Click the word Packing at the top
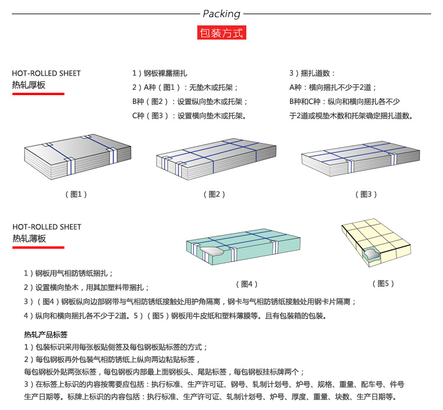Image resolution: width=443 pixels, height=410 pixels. (221, 14)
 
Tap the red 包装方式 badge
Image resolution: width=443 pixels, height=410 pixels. (221, 32)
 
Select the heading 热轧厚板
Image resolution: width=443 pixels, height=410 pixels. (28, 85)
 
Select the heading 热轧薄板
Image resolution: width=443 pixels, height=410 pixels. (29, 239)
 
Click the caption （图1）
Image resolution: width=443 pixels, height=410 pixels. (76, 194)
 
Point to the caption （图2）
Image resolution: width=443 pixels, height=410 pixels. (214, 194)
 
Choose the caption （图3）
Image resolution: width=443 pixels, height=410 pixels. (366, 194)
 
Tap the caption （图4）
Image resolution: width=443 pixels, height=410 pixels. (247, 284)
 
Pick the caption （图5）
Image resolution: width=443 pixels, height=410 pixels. (383, 284)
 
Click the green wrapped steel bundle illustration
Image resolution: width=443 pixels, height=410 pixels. (243, 246)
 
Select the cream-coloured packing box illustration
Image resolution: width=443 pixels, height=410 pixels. (376, 242)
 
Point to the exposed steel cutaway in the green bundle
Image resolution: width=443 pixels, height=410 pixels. (212, 251)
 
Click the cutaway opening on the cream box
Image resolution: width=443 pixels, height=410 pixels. (372, 253)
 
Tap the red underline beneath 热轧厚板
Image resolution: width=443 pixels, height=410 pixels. (38, 94)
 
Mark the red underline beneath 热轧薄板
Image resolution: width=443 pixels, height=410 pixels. (38, 248)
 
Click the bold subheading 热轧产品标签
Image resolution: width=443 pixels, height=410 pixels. (45, 335)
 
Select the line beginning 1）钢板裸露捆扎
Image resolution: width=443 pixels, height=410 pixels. (159, 73)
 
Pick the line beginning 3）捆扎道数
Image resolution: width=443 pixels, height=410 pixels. (312, 73)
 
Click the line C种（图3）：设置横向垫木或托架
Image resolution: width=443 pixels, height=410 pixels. (189, 116)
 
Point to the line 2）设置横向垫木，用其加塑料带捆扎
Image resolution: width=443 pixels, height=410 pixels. (86, 288)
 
